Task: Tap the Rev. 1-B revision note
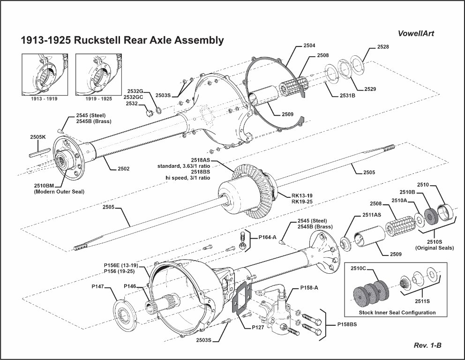pyautogui.click(x=427, y=345)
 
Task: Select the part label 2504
pyautogui.click(x=309, y=46)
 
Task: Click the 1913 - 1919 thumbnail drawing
pyautogui.click(x=45, y=74)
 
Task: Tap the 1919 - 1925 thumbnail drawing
pyautogui.click(x=98, y=74)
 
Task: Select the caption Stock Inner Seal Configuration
pyautogui.click(x=397, y=313)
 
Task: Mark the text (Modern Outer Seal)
pyautogui.click(x=56, y=192)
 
